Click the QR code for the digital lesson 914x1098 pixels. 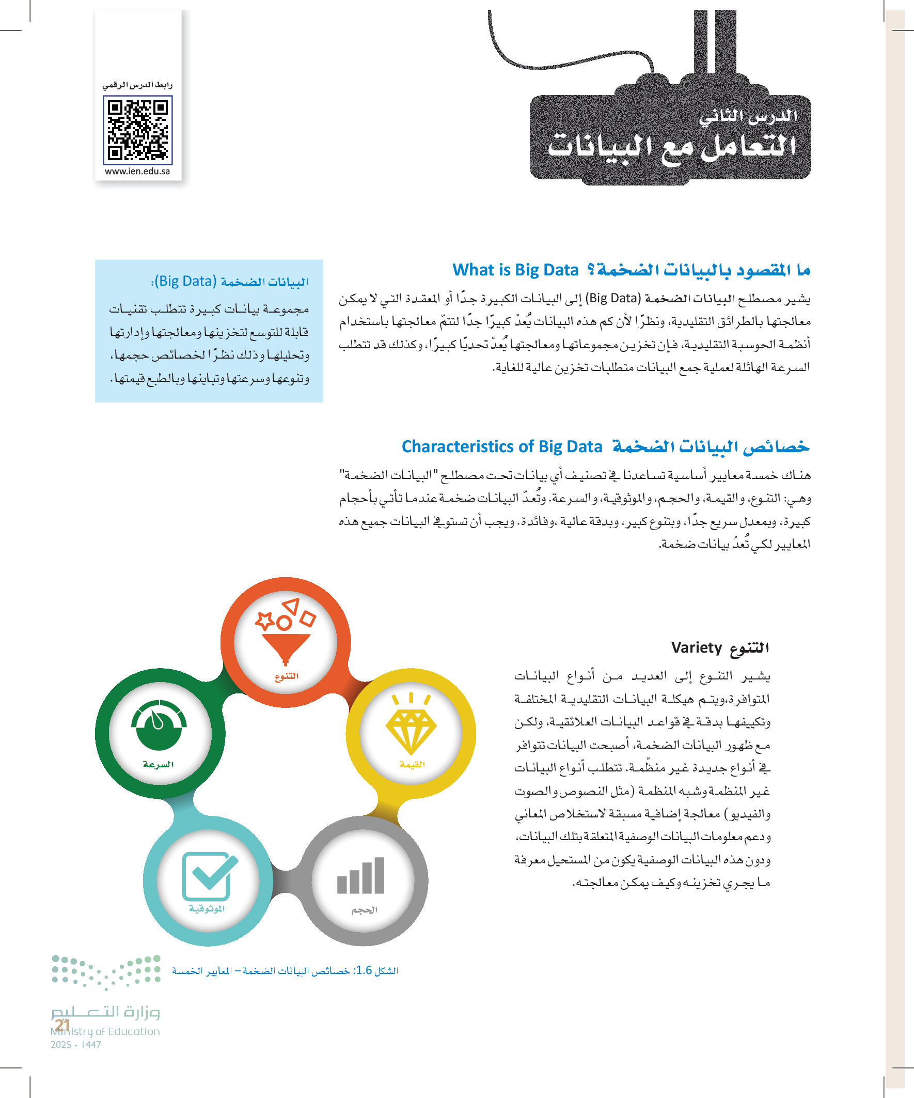137,130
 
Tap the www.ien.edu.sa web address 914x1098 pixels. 137,172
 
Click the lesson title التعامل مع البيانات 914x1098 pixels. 671,147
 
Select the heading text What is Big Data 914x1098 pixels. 515,270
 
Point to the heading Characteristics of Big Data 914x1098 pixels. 502,446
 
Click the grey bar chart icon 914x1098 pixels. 361,876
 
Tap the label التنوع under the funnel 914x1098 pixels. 287,676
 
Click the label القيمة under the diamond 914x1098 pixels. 412,764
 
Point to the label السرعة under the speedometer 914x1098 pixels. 159,764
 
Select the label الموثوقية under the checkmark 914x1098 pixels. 207,909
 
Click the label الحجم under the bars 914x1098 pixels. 364,910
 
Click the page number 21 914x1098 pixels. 62,1025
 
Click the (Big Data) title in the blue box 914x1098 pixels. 185,281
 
